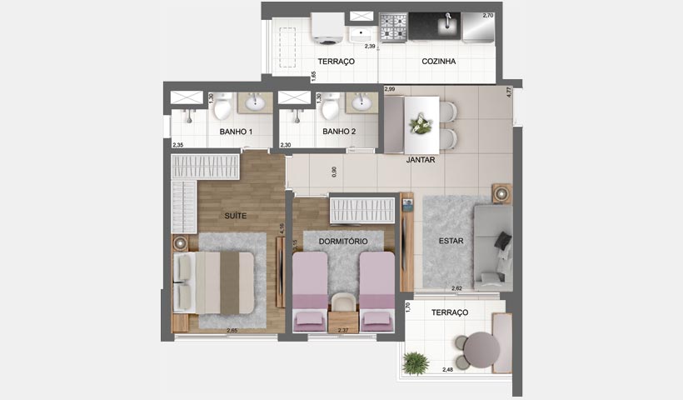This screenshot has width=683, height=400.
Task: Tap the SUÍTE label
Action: tap(236, 216)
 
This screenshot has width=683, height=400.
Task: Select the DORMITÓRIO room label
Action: tap(343, 242)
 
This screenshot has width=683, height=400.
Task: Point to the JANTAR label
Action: tap(421, 160)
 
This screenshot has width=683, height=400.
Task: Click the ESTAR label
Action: tap(451, 242)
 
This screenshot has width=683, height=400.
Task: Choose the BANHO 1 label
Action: tap(236, 132)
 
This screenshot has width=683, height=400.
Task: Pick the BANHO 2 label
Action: tap(339, 132)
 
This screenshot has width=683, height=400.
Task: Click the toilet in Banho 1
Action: tap(223, 107)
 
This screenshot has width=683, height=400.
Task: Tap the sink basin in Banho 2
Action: tap(361, 103)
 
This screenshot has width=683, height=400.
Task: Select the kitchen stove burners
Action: tap(393, 27)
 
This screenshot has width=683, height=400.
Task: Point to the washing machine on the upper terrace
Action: tap(327, 28)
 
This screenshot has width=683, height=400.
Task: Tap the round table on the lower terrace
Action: tap(481, 350)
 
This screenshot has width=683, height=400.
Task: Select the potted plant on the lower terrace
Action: tap(415, 362)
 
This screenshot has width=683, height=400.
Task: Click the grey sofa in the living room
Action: tap(493, 247)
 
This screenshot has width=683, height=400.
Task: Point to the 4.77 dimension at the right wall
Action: tap(508, 93)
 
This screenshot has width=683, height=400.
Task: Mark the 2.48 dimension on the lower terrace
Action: tap(449, 369)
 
